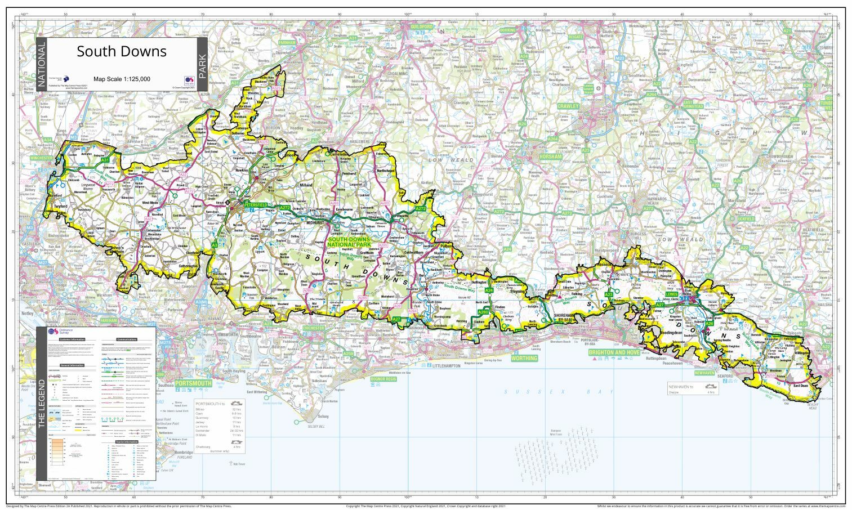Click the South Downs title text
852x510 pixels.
122,51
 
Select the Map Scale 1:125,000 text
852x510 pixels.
122,79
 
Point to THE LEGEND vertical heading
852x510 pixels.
41,403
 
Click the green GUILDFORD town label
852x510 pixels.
422,26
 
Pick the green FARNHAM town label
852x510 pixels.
286,43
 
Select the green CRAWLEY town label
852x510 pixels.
568,106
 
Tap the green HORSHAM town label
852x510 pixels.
550,156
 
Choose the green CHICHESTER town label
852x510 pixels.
314,328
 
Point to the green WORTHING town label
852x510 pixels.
524,358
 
